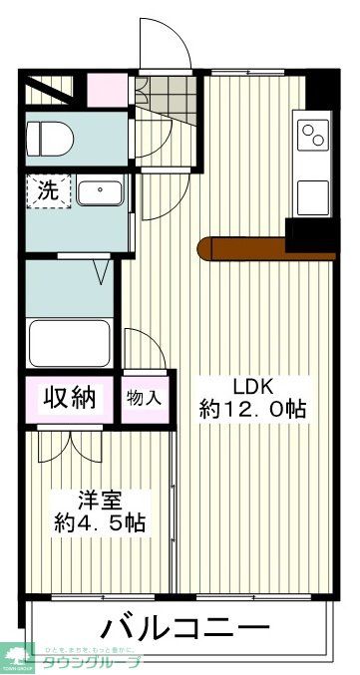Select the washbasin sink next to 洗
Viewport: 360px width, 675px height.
pyautogui.click(x=100, y=192)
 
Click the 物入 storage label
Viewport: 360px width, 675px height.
pyautogui.click(x=144, y=397)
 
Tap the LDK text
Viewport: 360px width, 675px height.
pyautogui.click(x=253, y=386)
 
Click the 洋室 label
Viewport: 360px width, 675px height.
pyautogui.click(x=101, y=500)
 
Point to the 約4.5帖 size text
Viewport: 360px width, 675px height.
pyautogui.click(x=101, y=522)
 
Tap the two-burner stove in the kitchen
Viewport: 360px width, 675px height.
pyautogui.click(x=313, y=134)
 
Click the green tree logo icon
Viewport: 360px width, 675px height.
pyautogui.click(x=18, y=655)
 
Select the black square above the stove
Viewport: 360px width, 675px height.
pyautogui.click(x=320, y=89)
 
